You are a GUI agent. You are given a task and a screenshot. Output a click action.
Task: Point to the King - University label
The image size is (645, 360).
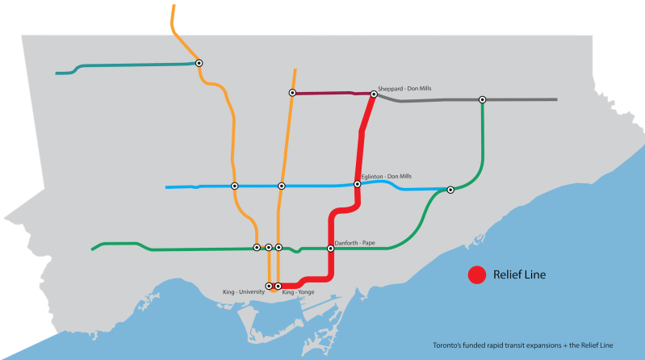coord(245,291)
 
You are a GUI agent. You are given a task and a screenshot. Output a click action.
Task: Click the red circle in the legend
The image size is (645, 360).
coord(477,275)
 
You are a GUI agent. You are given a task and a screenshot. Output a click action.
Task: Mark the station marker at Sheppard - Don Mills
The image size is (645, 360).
coord(374,94)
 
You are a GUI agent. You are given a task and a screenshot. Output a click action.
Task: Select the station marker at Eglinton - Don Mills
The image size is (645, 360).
coord(358,184)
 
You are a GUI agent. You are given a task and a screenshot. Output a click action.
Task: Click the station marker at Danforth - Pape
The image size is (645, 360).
coord(330,249)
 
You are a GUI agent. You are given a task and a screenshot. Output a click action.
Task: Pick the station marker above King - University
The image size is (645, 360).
coord(269,286)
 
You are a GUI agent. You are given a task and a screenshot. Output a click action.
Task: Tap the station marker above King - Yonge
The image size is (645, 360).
coord(279,286)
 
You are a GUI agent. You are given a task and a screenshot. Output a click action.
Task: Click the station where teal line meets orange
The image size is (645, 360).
coord(199,63)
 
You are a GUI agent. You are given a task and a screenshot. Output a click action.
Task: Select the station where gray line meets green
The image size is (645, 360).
coord(482,100)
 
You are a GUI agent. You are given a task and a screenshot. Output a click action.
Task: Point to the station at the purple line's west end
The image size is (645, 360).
coord(292,93)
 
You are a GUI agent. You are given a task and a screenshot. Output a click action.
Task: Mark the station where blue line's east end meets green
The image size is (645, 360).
coord(450,190)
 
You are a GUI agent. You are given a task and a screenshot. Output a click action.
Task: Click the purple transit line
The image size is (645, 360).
coord(331,94)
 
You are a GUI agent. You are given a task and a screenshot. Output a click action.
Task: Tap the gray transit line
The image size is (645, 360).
coord(517,99)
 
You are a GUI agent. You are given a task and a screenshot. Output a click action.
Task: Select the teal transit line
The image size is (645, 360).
coord(129,65)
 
